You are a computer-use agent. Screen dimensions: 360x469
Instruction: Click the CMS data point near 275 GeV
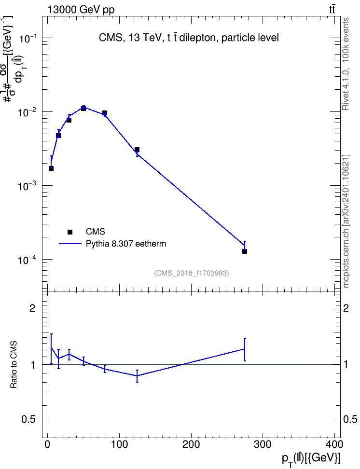click(x=245, y=251)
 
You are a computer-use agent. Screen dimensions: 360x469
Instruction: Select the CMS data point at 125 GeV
click(x=137, y=150)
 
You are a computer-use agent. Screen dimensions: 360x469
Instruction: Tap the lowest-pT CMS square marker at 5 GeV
click(x=51, y=168)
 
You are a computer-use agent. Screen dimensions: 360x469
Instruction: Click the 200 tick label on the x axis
click(x=191, y=444)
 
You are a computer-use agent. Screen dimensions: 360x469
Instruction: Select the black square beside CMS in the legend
click(x=70, y=232)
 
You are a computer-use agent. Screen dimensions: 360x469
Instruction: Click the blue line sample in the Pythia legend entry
click(x=70, y=244)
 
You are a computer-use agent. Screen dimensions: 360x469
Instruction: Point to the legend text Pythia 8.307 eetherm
click(x=126, y=244)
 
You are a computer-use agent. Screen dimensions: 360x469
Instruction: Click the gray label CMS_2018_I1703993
click(x=192, y=273)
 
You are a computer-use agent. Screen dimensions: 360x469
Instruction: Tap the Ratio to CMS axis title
click(x=14, y=365)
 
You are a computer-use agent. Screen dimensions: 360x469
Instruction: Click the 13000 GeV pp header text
click(x=81, y=10)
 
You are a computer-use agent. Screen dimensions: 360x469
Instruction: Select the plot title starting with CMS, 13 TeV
click(x=189, y=38)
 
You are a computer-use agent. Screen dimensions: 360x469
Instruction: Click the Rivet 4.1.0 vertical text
click(x=346, y=64)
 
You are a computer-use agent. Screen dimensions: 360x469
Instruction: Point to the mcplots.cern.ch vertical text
click(x=346, y=221)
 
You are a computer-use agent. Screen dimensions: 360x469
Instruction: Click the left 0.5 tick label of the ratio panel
click(x=28, y=419)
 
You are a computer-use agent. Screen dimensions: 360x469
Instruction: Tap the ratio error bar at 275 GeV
click(x=245, y=350)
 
